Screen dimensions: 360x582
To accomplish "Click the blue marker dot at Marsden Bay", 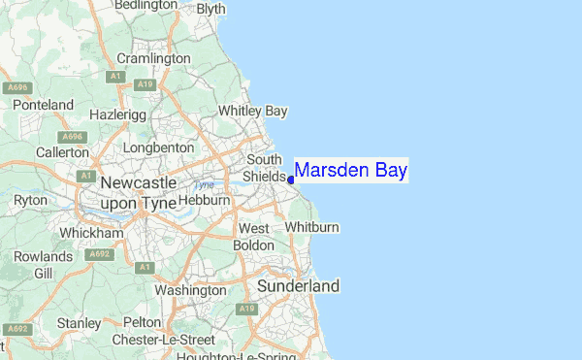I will tap(291, 180).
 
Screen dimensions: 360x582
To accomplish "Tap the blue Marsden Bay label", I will tap(350, 171).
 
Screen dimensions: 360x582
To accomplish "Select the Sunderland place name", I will tap(299, 286).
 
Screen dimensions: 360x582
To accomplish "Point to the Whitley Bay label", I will tap(253, 112).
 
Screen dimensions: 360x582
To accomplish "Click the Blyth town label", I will tap(210, 8).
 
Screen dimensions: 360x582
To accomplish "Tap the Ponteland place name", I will tap(43, 105).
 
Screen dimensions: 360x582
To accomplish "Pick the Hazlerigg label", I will tap(115, 115).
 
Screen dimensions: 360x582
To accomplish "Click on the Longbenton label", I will tap(158, 147).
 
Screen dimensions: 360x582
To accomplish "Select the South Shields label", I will tap(265, 168).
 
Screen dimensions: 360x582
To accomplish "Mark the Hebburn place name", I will tap(204, 200).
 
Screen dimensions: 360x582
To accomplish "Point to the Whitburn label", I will tap(312, 227).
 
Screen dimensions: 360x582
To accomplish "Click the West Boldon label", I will tap(254, 237).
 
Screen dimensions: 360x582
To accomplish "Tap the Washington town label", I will tap(190, 290).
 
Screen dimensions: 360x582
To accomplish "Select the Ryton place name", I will tap(30, 200).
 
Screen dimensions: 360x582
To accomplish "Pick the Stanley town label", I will tap(79, 322).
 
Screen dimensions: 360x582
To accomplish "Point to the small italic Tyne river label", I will tap(204, 184).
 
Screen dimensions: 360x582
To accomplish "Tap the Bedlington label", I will tap(143, 6).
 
